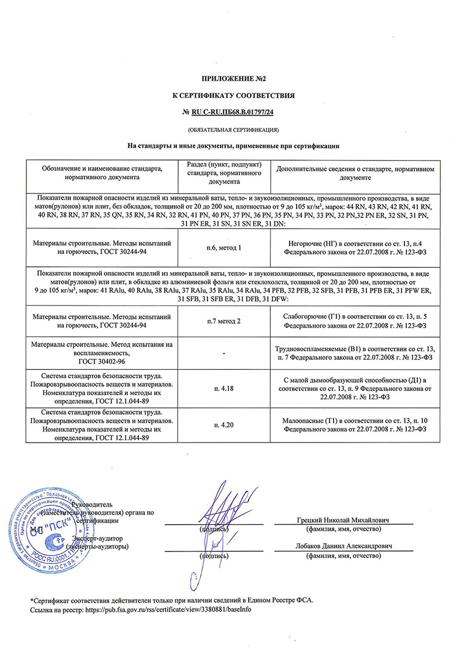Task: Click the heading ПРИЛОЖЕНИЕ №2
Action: (235, 78)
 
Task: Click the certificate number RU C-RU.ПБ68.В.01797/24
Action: (238, 111)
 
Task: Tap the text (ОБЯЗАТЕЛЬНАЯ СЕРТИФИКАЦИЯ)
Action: (234, 128)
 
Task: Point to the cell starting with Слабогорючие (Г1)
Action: (354, 320)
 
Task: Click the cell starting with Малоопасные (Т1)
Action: (354, 424)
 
